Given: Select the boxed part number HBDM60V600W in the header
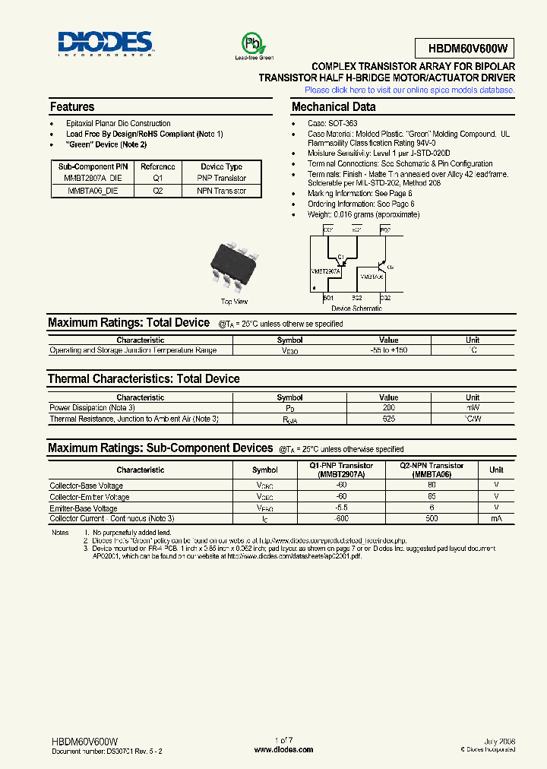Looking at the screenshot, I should (x=465, y=49).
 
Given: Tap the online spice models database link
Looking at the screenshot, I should (x=409, y=90).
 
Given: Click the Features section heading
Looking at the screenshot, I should (x=72, y=107).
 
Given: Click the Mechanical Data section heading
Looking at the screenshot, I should (x=334, y=107).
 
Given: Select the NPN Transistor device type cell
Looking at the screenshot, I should (x=223, y=191).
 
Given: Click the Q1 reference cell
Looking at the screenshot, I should (x=158, y=178).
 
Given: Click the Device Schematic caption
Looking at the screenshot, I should (x=356, y=309).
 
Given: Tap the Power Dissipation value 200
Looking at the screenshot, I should (x=388, y=407).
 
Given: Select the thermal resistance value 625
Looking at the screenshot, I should (x=388, y=419).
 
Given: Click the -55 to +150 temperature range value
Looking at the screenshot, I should (x=388, y=350).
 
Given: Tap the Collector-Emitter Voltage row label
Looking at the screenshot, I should (x=90, y=497).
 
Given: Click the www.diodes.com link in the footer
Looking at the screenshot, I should (x=283, y=749).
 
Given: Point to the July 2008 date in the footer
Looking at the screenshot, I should (x=498, y=740).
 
